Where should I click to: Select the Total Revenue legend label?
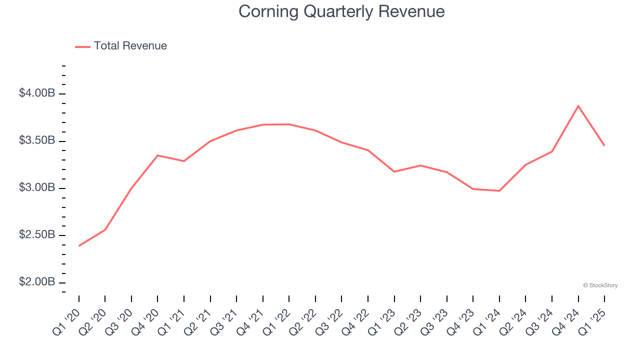click(x=130, y=46)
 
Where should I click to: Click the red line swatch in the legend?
click(x=82, y=46)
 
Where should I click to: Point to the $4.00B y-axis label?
click(x=37, y=93)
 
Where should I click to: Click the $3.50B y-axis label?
click(x=37, y=140)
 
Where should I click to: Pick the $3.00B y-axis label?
click(x=37, y=187)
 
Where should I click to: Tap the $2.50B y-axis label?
click(x=37, y=235)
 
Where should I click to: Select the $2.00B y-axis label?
click(x=37, y=282)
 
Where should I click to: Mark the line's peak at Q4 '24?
click(x=578, y=106)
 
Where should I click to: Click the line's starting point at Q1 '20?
click(x=79, y=245)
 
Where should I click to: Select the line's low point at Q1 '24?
click(x=499, y=190)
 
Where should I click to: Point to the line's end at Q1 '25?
click(x=604, y=145)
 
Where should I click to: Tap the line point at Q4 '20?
click(x=157, y=155)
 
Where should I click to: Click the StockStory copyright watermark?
click(x=600, y=285)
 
